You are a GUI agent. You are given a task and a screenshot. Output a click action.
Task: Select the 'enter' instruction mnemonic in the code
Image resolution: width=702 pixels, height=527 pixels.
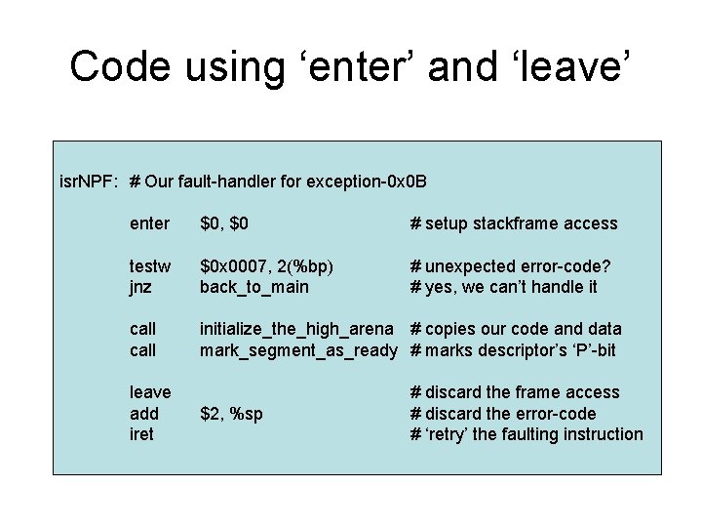point(149,223)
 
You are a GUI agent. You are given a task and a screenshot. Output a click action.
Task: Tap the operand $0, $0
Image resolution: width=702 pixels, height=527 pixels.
point(224,223)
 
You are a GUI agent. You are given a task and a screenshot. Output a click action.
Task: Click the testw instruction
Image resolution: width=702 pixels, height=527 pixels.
point(150,265)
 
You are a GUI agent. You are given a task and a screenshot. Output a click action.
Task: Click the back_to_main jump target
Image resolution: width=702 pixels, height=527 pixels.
point(253,287)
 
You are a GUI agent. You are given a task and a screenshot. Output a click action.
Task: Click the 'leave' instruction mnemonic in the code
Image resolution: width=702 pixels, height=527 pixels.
point(150,392)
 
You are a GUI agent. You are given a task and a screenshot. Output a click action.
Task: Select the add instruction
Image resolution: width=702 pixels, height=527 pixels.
point(144,414)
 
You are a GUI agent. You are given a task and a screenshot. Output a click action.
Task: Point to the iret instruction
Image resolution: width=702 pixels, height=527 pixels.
point(141,434)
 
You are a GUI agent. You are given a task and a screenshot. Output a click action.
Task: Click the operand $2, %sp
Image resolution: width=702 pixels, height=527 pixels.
point(232,414)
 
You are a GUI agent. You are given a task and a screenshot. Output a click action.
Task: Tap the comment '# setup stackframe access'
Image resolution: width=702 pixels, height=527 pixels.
point(514,223)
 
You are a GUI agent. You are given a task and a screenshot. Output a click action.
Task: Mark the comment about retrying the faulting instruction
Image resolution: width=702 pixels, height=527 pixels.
point(526,434)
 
